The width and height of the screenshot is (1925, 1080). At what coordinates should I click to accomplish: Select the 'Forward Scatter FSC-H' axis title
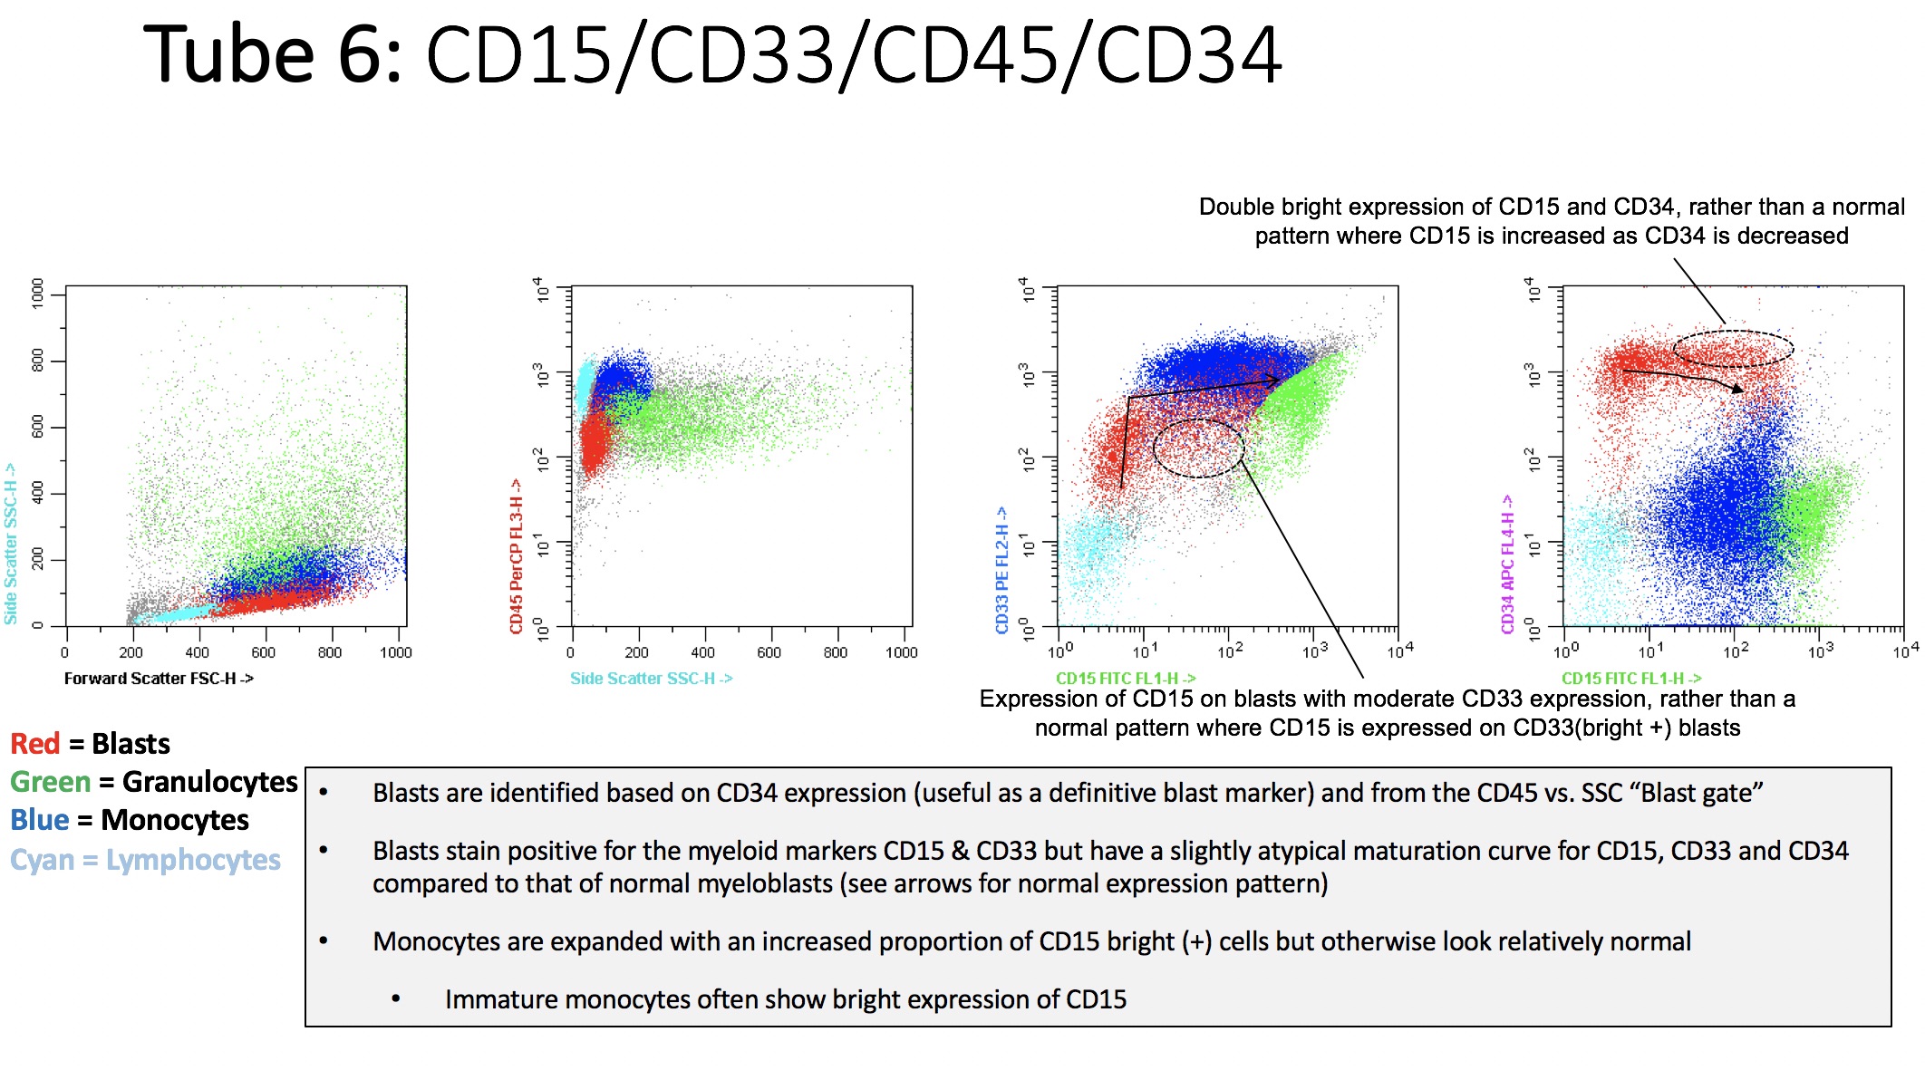click(x=159, y=678)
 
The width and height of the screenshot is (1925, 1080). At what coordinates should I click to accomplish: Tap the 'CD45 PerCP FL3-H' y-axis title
click(x=517, y=555)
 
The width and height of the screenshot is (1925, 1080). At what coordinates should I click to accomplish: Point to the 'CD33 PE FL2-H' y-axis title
click(x=1002, y=569)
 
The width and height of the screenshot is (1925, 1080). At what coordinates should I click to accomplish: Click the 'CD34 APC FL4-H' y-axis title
click(x=1508, y=564)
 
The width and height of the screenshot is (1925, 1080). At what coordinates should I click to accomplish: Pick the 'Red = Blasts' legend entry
click(x=90, y=744)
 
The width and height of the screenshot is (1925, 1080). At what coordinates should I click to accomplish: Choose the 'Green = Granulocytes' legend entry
click(x=153, y=782)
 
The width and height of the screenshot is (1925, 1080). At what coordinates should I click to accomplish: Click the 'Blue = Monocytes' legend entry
click(x=129, y=820)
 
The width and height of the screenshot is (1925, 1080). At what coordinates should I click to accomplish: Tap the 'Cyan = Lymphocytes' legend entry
click(x=145, y=860)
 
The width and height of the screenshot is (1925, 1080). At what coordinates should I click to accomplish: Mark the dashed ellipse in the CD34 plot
click(x=1732, y=349)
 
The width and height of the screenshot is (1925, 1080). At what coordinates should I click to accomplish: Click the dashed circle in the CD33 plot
click(x=1198, y=448)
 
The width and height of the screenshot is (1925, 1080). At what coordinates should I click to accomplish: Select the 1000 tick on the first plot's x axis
click(x=395, y=652)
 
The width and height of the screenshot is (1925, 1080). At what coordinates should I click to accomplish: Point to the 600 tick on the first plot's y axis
click(x=37, y=427)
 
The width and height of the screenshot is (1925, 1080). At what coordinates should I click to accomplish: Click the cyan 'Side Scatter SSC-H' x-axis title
click(x=651, y=678)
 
